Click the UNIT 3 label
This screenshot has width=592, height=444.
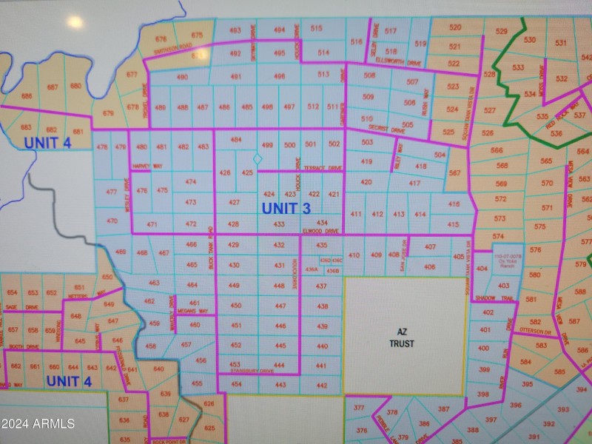(286, 209)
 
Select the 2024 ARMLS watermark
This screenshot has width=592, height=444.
(38, 423)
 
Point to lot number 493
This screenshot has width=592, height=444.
(235, 30)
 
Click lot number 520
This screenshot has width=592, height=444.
(455, 27)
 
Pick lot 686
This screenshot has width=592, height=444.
(27, 96)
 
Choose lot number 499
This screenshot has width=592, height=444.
(268, 145)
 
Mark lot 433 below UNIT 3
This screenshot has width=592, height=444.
(279, 224)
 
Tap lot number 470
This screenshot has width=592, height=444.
(112, 221)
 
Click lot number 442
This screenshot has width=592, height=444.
(322, 386)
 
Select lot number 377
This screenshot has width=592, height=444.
(359, 408)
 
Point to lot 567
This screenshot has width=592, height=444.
(454, 173)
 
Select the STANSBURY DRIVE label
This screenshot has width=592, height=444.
(252, 371)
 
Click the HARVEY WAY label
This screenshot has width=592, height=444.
(147, 166)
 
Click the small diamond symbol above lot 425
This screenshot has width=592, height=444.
(258, 159)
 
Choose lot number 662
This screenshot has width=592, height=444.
(16, 367)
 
